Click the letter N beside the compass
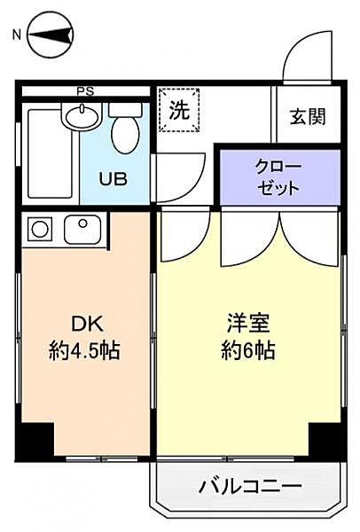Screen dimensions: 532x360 [x=15, y=36]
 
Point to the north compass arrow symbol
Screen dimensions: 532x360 [x=51, y=36]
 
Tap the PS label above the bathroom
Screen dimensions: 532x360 [x=85, y=90]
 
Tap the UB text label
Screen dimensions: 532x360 [x=113, y=178]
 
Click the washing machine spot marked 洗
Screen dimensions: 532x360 [x=179, y=112]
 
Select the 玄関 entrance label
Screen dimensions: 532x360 [x=307, y=115]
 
